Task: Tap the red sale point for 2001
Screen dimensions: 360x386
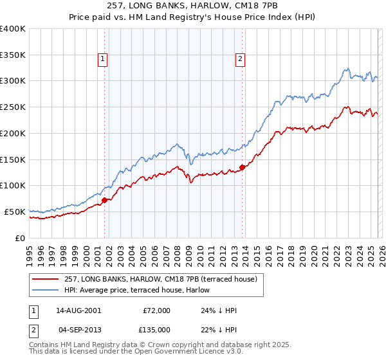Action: pyautogui.click(x=104, y=200)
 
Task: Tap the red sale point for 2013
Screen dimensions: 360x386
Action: pyautogui.click(x=242, y=167)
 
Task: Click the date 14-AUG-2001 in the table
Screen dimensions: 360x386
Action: pyautogui.click(x=78, y=310)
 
